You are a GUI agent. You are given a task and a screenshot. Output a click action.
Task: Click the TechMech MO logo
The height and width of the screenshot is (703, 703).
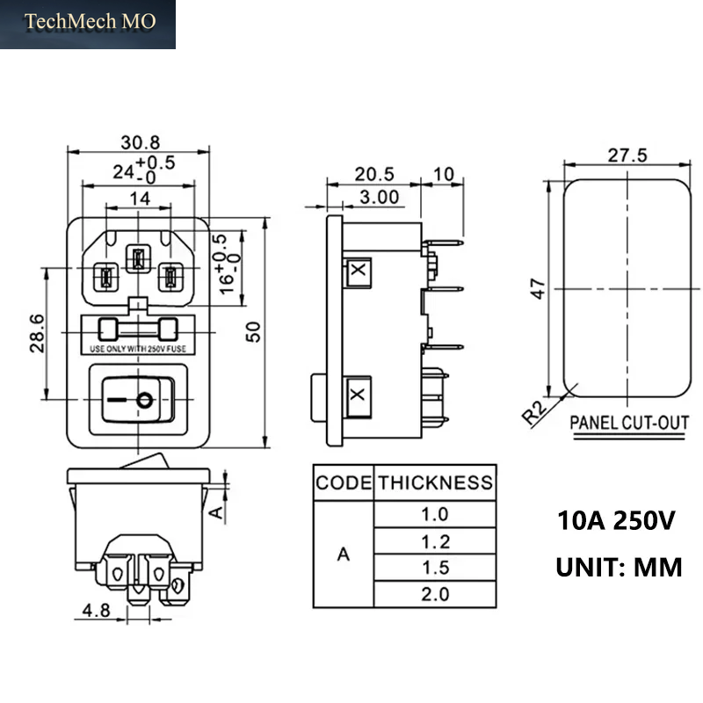(90, 21)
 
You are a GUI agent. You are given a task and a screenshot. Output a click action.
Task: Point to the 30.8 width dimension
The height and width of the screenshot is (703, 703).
(141, 142)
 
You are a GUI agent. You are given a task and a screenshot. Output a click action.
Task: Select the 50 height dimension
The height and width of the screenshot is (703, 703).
(254, 332)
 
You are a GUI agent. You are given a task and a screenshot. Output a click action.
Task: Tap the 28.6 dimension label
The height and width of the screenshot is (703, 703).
(38, 333)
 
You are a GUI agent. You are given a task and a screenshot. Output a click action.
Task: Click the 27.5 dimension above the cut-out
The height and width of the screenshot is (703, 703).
(627, 156)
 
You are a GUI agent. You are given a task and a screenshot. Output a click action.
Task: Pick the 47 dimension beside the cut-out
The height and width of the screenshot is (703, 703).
(538, 288)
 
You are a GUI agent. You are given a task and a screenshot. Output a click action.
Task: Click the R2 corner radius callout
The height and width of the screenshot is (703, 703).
(535, 412)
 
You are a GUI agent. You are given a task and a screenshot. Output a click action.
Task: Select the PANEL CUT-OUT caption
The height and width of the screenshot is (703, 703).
(629, 423)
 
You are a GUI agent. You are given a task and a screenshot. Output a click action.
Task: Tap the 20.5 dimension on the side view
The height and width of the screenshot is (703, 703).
(374, 174)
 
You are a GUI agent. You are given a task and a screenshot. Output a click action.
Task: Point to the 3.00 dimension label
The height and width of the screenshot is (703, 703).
(380, 197)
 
